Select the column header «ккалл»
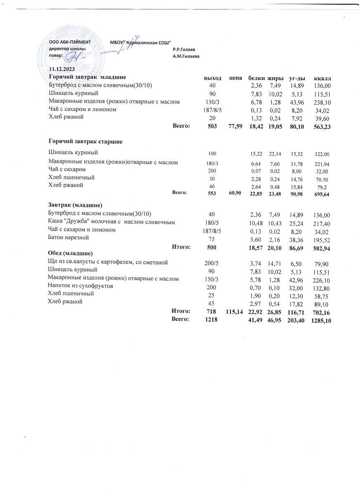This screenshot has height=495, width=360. (323, 78)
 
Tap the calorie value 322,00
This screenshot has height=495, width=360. (323, 154)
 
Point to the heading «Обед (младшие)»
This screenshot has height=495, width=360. (71, 253)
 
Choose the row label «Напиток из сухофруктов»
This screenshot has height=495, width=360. (81, 285)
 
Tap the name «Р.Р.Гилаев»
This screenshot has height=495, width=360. (184, 49)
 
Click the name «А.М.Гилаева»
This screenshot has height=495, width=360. (186, 56)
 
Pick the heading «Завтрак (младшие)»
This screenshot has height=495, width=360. (75, 205)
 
